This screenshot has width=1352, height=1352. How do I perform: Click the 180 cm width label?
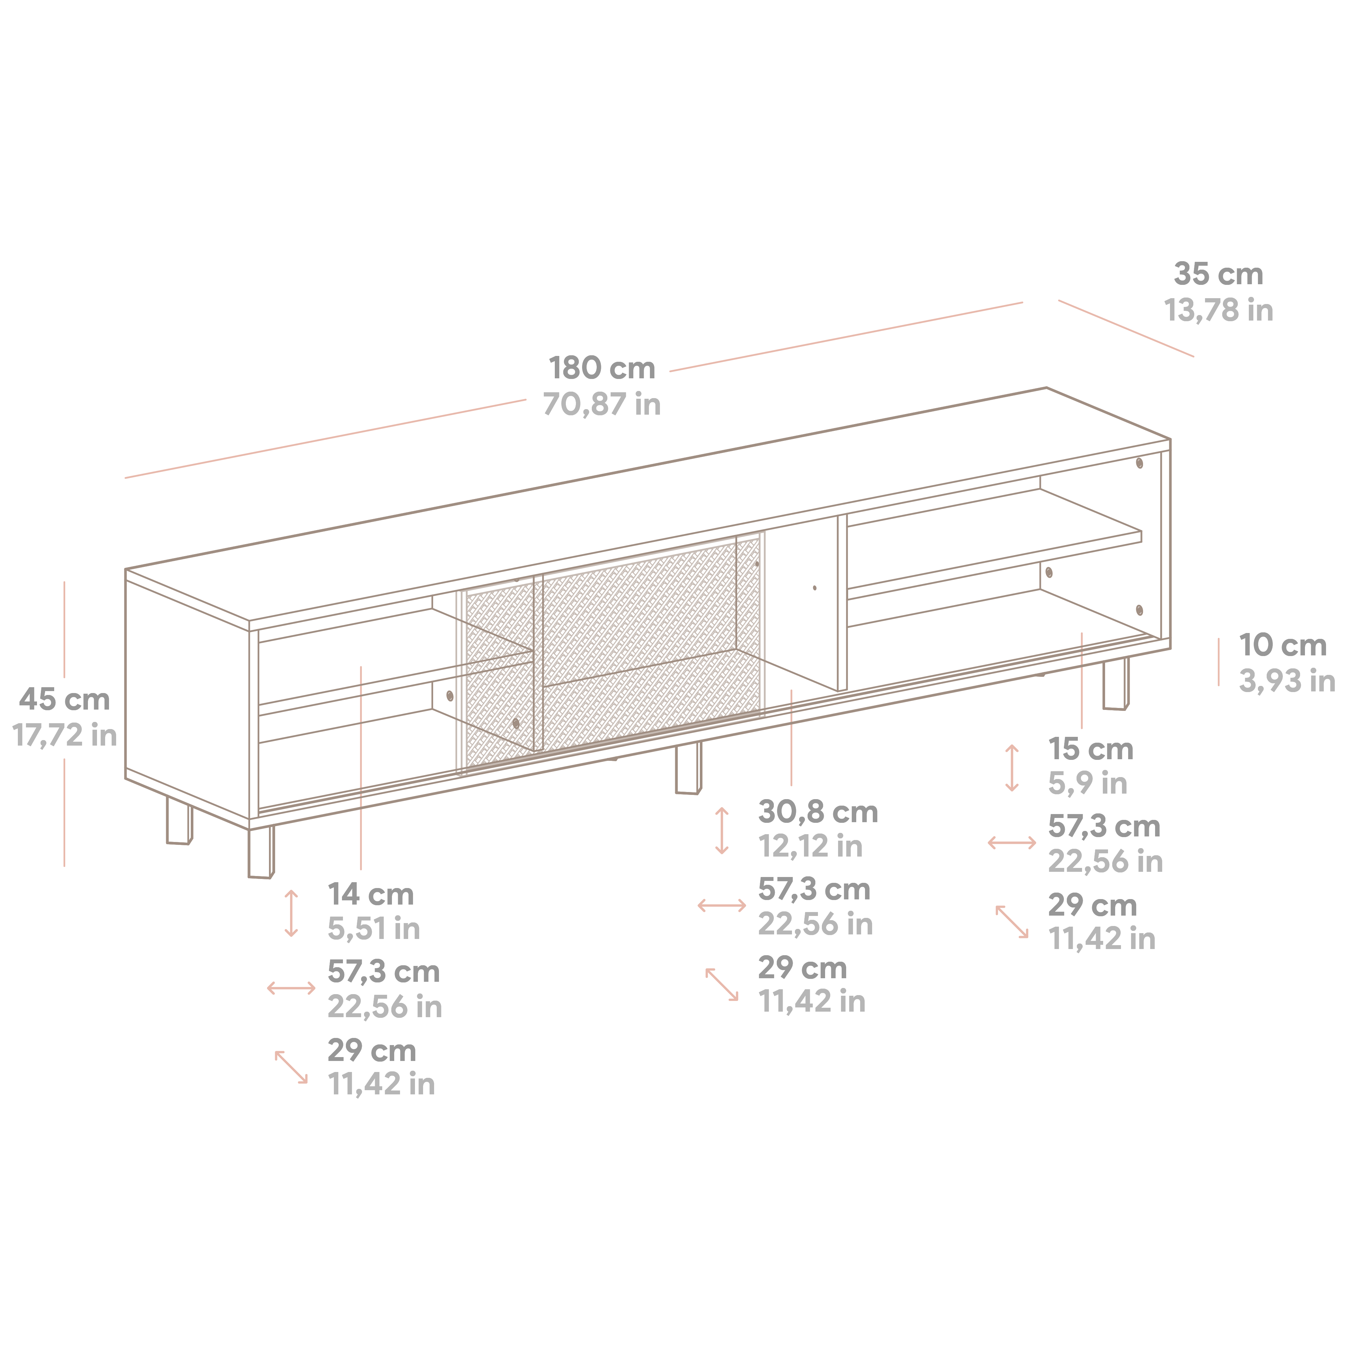[x=602, y=368]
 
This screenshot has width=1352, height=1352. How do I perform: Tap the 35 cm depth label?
[x=1218, y=274]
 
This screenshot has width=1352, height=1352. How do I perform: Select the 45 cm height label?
[x=64, y=699]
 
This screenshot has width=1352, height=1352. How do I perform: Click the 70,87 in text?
[x=602, y=405]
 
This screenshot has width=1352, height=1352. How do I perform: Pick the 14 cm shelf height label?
[x=371, y=894]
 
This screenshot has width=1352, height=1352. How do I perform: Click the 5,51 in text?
[x=374, y=929]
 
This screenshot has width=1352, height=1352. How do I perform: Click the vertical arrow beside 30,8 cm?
[x=722, y=831]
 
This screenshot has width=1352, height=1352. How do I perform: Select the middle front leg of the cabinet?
[x=688, y=768]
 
